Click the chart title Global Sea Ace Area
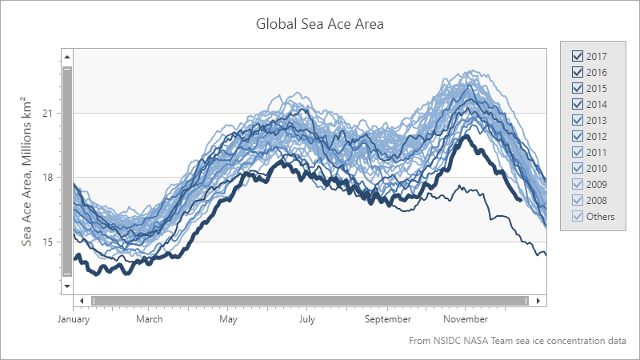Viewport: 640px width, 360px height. click(320, 24)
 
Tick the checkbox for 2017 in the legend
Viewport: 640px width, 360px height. click(577, 56)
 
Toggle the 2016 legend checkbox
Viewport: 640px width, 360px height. click(577, 72)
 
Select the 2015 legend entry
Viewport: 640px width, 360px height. click(577, 88)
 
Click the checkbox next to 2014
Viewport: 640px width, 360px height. click(577, 104)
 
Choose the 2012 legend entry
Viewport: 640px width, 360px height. click(577, 136)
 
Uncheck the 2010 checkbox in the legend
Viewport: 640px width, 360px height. click(577, 168)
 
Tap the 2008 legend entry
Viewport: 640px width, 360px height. click(577, 200)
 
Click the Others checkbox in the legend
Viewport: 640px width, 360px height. click(577, 216)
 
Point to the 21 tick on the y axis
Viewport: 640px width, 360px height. click(49, 113)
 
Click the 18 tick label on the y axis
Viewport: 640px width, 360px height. click(49, 177)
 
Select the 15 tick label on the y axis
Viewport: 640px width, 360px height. click(49, 242)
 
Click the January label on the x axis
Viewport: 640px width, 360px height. click(73, 319)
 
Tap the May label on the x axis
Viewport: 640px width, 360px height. click(228, 319)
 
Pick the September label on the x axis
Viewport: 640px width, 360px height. click(386, 319)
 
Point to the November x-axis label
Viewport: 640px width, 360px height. click(466, 319)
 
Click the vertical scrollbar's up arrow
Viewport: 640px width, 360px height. click(68, 57)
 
